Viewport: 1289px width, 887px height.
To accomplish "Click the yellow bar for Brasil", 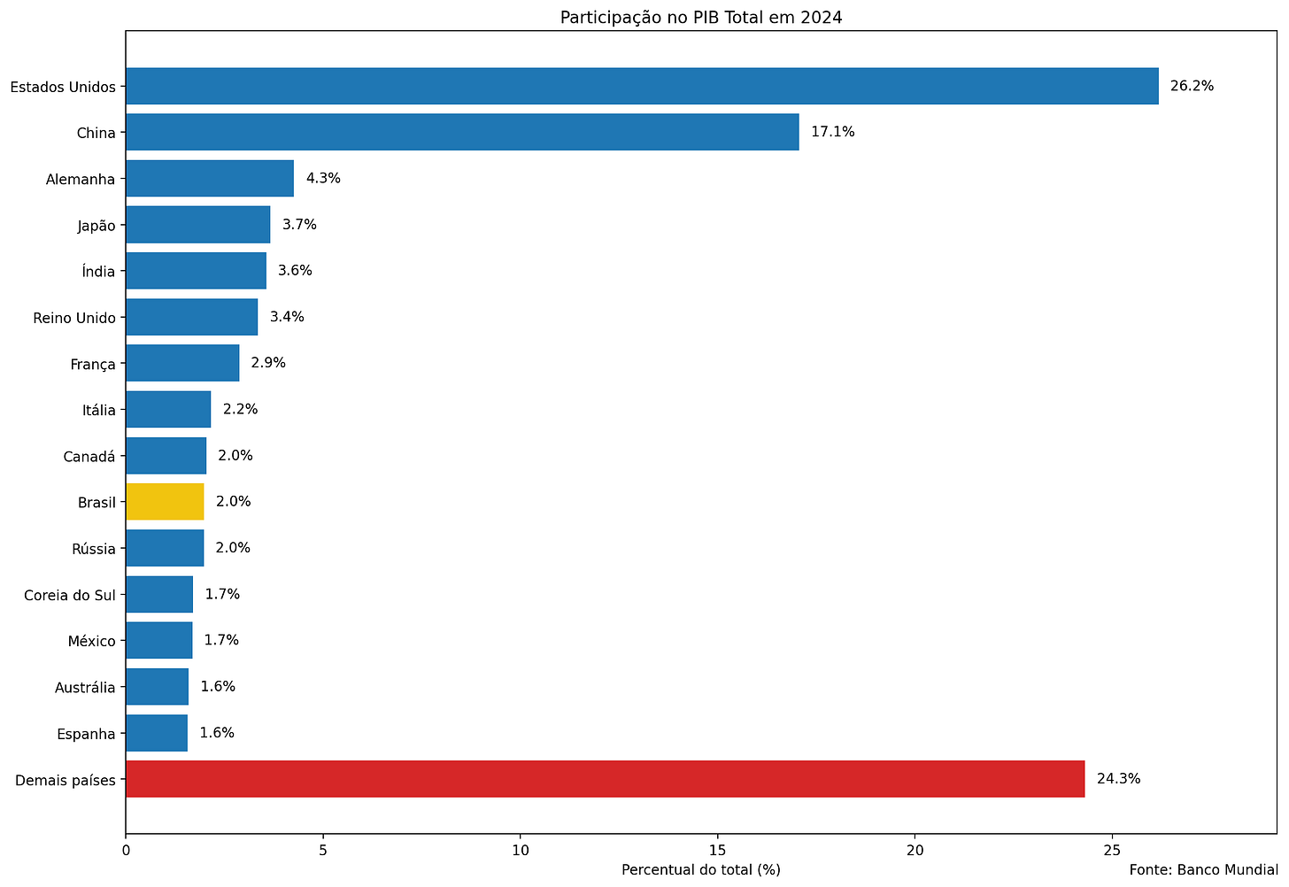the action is [165, 502].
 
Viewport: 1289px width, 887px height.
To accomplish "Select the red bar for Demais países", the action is [606, 779].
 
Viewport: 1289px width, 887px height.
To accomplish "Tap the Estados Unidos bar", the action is [642, 86].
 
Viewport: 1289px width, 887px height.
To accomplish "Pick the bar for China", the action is [463, 132].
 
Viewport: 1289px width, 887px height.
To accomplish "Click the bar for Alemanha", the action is [210, 178].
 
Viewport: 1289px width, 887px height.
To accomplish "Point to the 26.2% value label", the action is [1192, 86].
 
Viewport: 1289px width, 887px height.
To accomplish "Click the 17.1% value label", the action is [833, 132].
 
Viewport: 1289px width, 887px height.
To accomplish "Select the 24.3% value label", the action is [1118, 778].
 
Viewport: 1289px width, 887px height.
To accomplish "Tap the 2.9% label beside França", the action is [268, 362].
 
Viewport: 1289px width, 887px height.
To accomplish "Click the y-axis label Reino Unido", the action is [74, 318].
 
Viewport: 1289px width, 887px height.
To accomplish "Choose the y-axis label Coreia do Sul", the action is [70, 595].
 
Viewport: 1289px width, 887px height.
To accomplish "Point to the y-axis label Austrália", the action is [85, 688].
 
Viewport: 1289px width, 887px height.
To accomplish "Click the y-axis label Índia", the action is [98, 271].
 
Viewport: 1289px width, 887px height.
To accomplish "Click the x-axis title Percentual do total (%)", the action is [701, 870].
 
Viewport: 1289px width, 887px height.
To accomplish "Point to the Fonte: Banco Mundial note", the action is [1203, 870].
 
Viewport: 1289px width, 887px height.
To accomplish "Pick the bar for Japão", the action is [198, 224].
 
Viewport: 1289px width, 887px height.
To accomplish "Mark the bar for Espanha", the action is [157, 733].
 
